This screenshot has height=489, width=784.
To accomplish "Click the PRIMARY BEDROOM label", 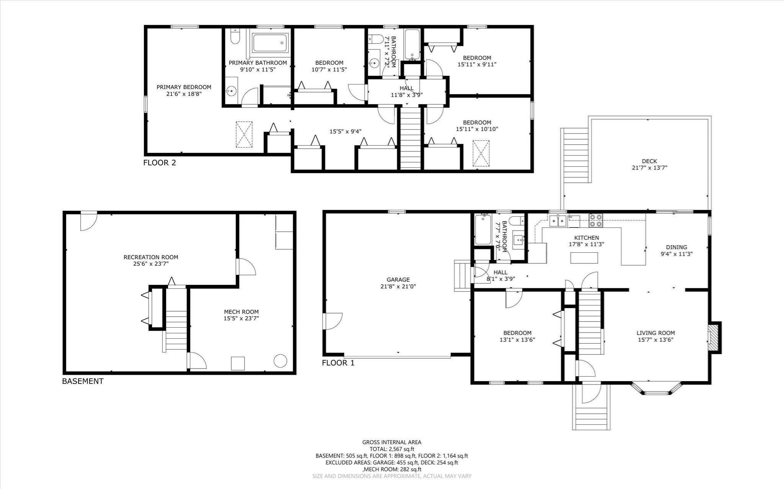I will (184, 87).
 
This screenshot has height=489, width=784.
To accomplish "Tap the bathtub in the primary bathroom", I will (270, 42).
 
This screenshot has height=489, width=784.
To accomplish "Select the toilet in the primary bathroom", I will (235, 37).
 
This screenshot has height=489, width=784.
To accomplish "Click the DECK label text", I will (649, 161).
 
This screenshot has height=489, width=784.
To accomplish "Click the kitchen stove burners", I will (595, 221).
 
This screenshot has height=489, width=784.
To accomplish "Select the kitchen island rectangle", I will (584, 258).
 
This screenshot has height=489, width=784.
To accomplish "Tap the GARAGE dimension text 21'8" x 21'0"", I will (398, 286).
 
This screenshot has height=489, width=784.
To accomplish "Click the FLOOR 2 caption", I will (160, 163).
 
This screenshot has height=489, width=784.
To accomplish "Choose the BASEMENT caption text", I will (83, 381).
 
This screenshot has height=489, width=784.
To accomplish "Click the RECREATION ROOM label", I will (151, 257).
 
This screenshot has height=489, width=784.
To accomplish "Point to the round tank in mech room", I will (280, 361).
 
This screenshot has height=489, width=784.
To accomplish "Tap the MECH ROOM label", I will (241, 312).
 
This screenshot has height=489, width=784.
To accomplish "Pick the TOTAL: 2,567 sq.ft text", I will (392, 449).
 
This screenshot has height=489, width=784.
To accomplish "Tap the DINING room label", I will (676, 247).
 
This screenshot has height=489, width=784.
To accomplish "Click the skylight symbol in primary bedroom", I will (244, 134).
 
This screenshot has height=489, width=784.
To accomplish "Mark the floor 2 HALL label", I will (407, 88).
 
